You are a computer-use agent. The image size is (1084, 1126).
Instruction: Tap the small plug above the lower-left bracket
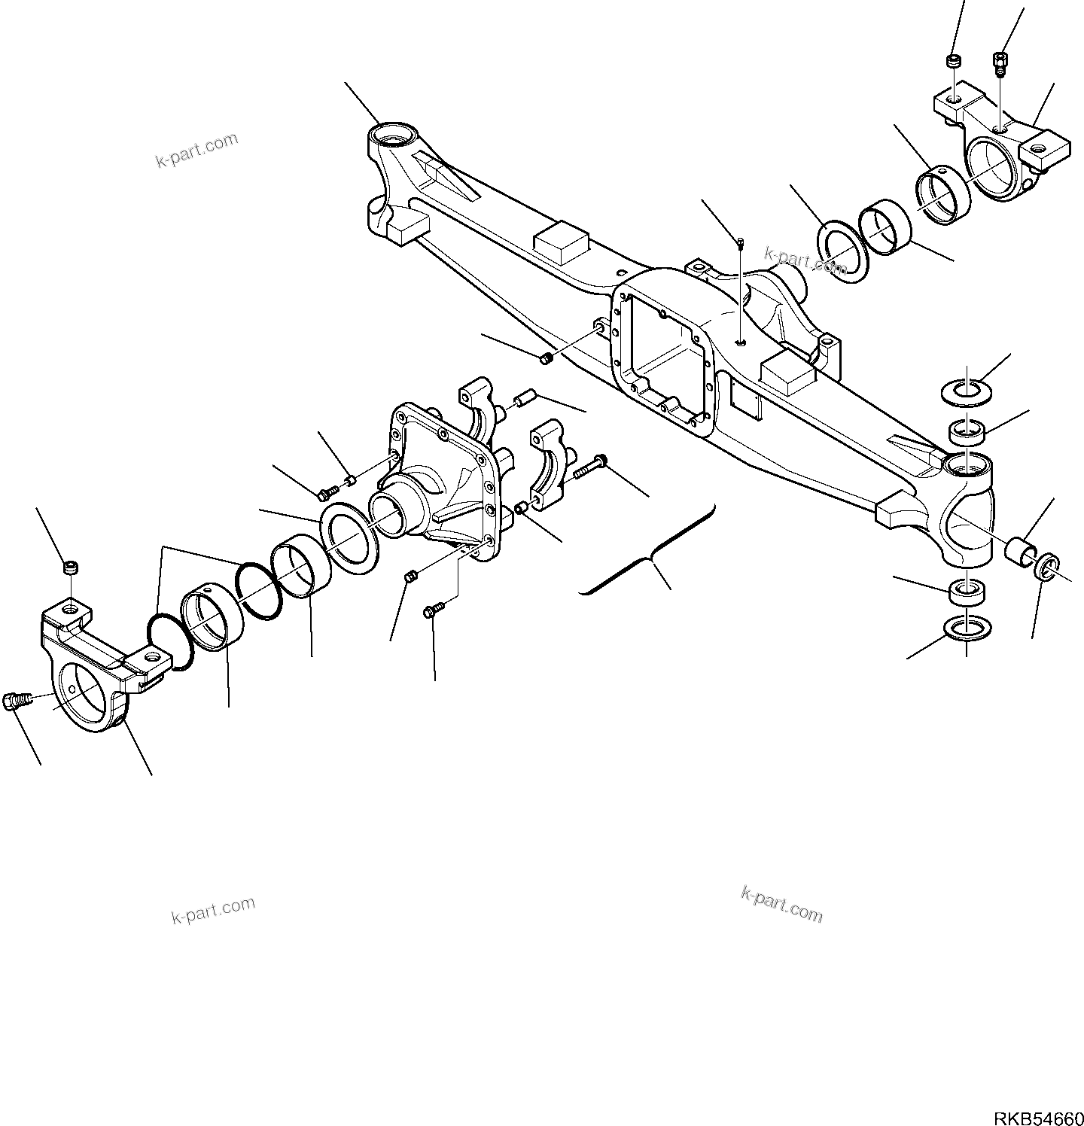tap(70, 568)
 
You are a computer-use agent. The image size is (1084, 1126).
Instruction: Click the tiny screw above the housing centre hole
tap(741, 242)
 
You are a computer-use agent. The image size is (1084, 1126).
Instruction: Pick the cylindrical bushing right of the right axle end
tap(1020, 549)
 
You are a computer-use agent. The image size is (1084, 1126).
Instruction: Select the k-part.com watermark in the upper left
tap(197, 150)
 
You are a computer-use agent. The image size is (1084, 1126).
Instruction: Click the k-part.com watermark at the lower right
tap(782, 904)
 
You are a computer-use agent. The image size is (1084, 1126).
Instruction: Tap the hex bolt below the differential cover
tap(433, 612)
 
